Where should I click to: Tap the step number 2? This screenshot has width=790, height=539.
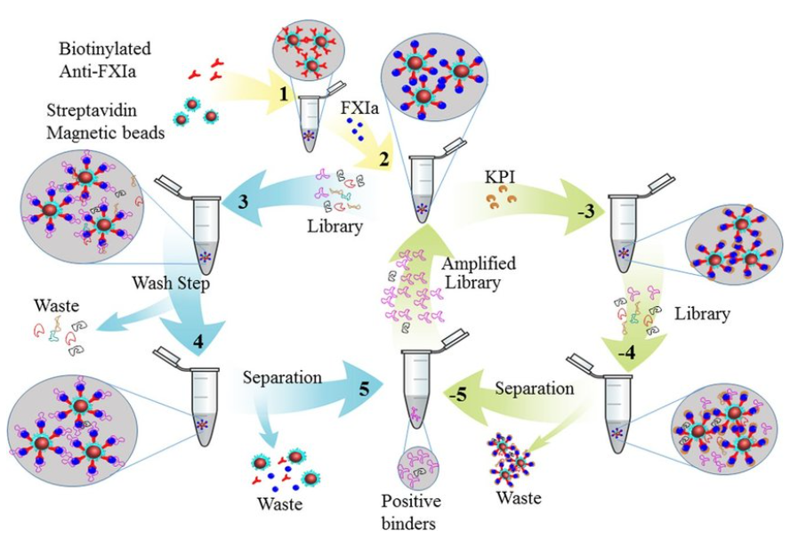click(x=384, y=160)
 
